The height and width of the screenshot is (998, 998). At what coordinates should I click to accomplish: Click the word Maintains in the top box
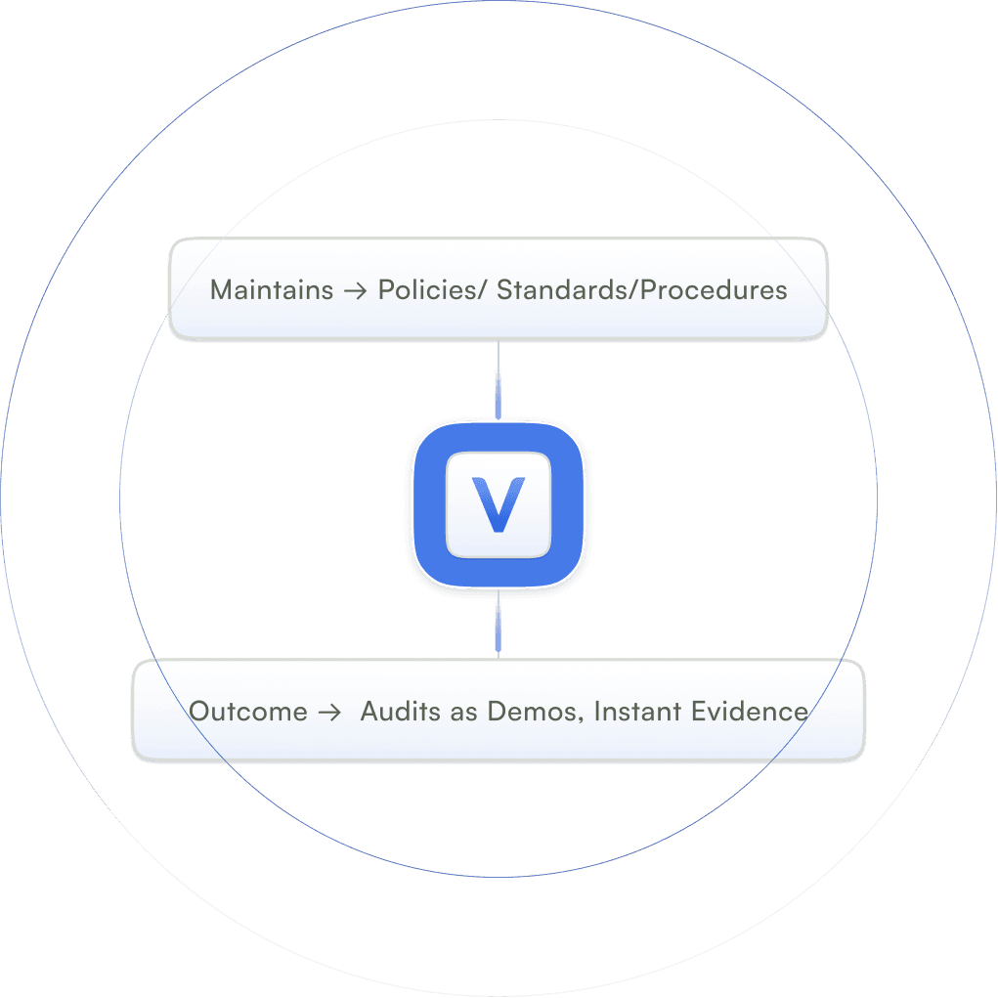tap(272, 290)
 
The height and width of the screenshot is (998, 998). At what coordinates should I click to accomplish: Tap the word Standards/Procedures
tap(642, 290)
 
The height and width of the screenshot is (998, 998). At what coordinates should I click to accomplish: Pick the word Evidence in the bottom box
tap(750, 712)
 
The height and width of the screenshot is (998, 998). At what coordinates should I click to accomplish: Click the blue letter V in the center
tap(499, 504)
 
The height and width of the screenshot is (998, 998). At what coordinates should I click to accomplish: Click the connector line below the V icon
tap(499, 626)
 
